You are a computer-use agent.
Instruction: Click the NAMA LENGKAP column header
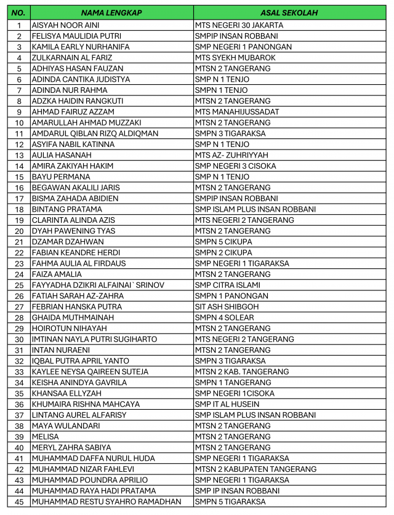click(x=111, y=13)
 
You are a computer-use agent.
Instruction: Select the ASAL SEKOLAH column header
click(x=289, y=13)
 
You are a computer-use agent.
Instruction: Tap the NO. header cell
click(x=18, y=13)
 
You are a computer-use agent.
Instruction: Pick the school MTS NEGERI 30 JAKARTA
click(x=239, y=25)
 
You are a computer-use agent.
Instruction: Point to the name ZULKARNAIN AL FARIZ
click(x=68, y=58)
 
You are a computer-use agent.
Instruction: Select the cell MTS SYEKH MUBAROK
click(x=235, y=58)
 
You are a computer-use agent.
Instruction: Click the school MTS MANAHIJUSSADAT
click(x=236, y=112)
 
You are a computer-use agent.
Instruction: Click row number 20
click(x=19, y=231)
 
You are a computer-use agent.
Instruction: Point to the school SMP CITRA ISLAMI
click(x=227, y=285)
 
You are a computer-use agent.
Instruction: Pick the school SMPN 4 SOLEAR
click(x=225, y=317)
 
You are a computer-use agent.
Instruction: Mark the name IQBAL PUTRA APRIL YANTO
click(x=81, y=361)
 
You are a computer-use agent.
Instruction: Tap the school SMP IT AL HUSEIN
click(x=227, y=404)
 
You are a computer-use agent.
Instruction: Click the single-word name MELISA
click(x=45, y=437)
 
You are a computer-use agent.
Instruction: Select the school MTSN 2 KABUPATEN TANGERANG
click(x=255, y=469)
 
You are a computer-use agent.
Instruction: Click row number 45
click(x=19, y=501)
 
